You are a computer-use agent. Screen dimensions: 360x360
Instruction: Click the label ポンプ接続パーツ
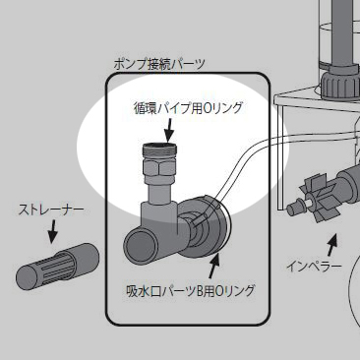click(x=159, y=64)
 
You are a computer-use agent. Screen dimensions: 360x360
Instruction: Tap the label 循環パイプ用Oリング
click(x=188, y=108)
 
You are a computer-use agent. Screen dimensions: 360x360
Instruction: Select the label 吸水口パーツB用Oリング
click(x=190, y=291)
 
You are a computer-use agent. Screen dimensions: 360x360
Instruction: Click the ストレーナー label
click(x=51, y=210)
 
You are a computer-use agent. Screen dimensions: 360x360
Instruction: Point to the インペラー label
click(x=314, y=267)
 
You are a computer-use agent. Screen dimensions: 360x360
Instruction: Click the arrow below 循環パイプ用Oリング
click(x=169, y=129)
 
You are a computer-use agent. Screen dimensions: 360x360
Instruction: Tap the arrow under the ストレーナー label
click(x=52, y=231)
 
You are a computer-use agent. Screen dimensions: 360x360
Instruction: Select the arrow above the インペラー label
click(x=331, y=245)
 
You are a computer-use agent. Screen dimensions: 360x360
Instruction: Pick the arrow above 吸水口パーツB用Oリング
click(x=212, y=266)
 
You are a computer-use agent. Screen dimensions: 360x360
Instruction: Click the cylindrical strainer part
click(x=58, y=266)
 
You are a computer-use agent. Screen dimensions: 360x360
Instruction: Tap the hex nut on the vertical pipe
click(x=159, y=169)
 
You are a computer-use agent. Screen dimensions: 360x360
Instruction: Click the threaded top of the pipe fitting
click(x=160, y=151)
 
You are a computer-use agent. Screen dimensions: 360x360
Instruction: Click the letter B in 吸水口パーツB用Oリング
click(x=200, y=291)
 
